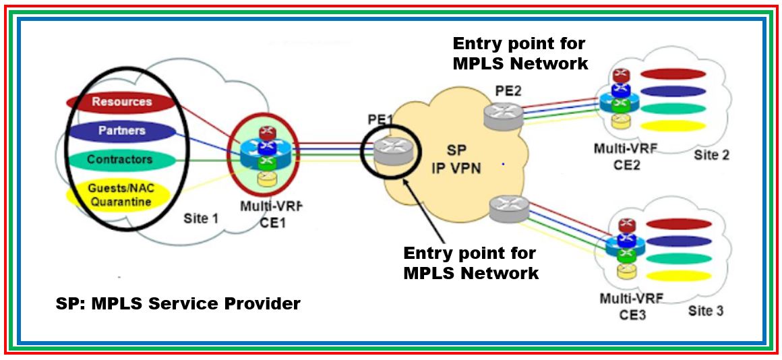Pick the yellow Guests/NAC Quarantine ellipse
coord(117,195)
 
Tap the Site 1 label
coord(201,218)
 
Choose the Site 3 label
coord(706,311)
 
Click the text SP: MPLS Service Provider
coord(178,304)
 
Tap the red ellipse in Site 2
coord(672,74)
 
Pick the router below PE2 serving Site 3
coord(509,209)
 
